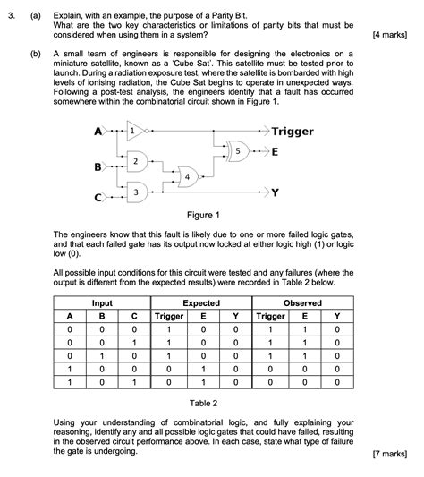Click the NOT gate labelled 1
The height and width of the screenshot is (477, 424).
tap(136, 132)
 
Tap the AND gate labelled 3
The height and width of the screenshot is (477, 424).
tap(136, 192)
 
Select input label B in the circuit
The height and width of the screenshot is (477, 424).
tap(98, 166)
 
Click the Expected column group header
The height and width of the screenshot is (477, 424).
tap(202, 303)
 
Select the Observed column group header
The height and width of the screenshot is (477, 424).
tap(301, 303)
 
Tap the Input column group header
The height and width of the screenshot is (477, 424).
tap(102, 303)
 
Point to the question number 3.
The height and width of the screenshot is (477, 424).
tap(11, 16)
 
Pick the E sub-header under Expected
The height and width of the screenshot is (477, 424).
tap(204, 316)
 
